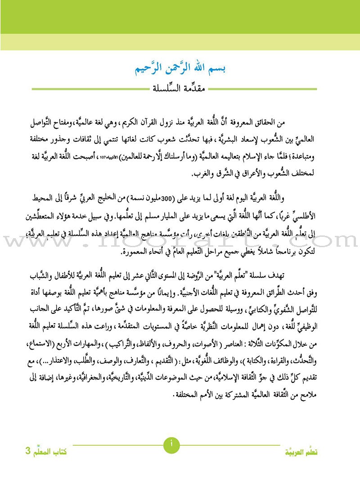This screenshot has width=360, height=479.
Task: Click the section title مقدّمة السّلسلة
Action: (x=180, y=88)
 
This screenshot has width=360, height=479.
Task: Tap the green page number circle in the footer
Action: (x=171, y=445)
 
